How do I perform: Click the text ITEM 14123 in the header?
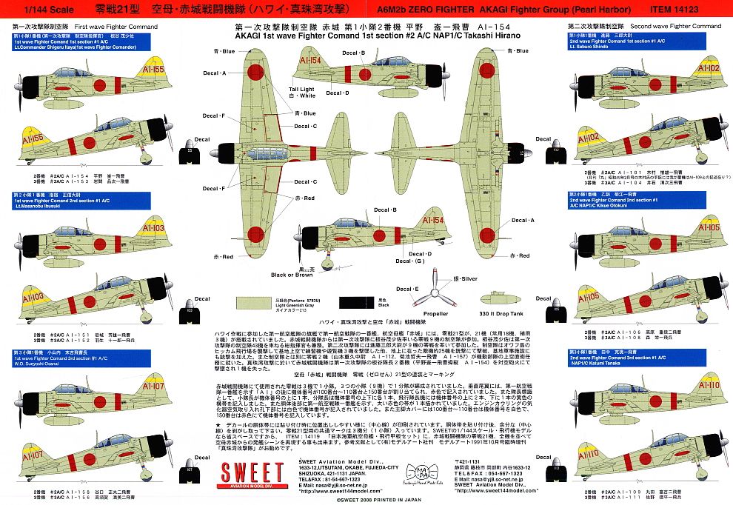(694, 9)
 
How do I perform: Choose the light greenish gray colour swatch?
(259, 302)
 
